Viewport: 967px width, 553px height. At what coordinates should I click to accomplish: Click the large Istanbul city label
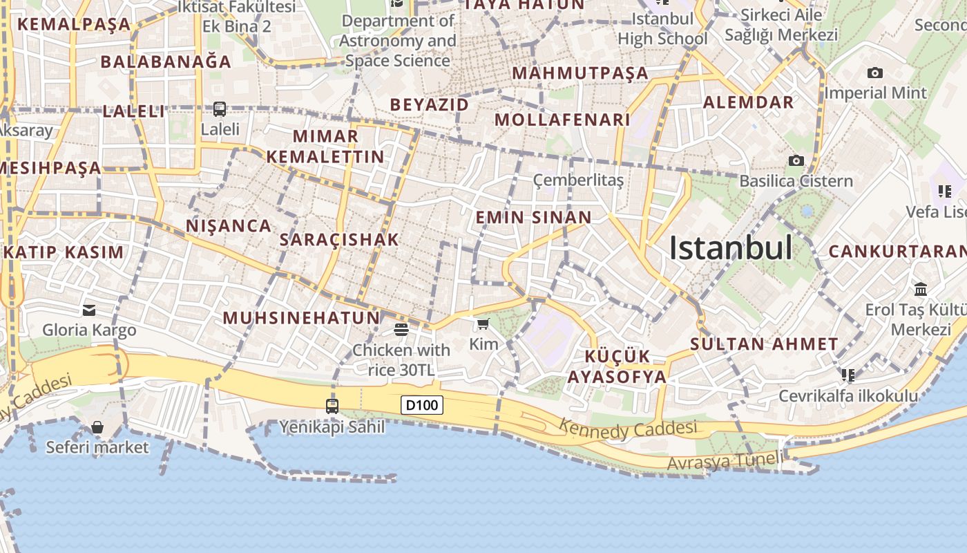[x=731, y=248]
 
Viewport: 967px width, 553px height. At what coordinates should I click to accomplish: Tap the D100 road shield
[x=422, y=404]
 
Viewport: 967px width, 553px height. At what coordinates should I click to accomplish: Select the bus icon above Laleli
[x=220, y=109]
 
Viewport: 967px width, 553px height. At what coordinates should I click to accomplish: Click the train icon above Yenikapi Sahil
[x=332, y=406]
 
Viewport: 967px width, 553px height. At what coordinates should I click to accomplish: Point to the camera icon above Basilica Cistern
[x=796, y=161]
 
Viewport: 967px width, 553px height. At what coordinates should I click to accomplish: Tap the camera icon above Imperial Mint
[x=875, y=73]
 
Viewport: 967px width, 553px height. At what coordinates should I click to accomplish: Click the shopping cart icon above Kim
[x=483, y=324]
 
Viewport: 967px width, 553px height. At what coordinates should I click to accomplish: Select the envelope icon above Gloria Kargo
[x=89, y=310]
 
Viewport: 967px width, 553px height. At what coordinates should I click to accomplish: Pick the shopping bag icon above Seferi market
[x=97, y=427]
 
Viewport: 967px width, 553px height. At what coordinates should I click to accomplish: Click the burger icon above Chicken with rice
[x=401, y=329]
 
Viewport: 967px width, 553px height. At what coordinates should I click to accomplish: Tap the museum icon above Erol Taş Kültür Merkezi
[x=920, y=289]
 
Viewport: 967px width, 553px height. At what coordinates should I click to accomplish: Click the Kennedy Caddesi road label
[x=627, y=429]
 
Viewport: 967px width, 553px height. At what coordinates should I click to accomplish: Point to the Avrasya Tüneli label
[x=726, y=460]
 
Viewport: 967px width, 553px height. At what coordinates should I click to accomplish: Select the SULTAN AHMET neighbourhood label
[x=764, y=344]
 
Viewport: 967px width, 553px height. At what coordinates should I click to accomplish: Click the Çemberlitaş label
[x=578, y=180]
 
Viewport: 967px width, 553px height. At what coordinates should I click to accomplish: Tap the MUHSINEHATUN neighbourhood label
[x=301, y=318]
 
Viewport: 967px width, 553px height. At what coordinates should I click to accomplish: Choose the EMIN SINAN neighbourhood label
[x=533, y=217]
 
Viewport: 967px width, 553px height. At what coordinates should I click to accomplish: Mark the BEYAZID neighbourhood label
[x=429, y=104]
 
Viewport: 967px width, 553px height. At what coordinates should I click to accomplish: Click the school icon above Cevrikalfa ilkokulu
[x=848, y=375]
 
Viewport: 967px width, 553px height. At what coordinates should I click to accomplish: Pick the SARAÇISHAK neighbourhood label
[x=339, y=240]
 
